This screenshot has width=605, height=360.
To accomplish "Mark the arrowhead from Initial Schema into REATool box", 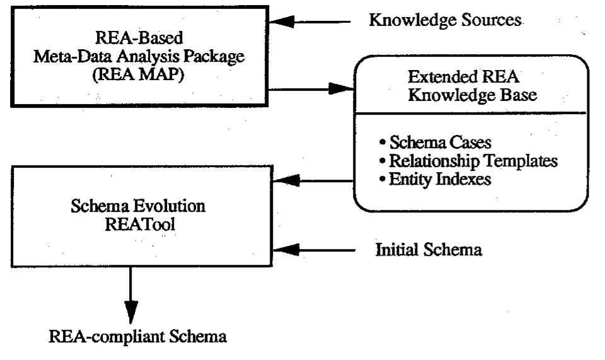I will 283,251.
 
